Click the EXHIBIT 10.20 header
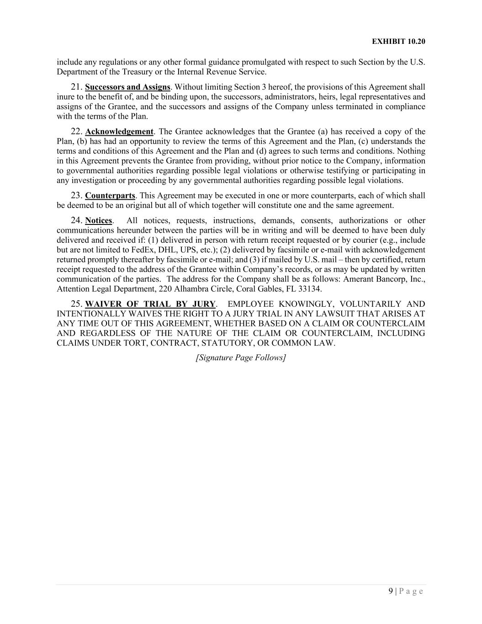tap(398, 41)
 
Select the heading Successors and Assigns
tap(127, 87)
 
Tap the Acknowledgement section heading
tap(119, 132)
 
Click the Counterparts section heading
tap(110, 196)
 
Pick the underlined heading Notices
tap(98, 220)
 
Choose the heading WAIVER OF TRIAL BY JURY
tap(150, 304)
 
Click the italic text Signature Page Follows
tap(241, 357)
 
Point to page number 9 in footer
tap(391, 591)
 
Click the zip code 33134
tap(310, 289)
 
